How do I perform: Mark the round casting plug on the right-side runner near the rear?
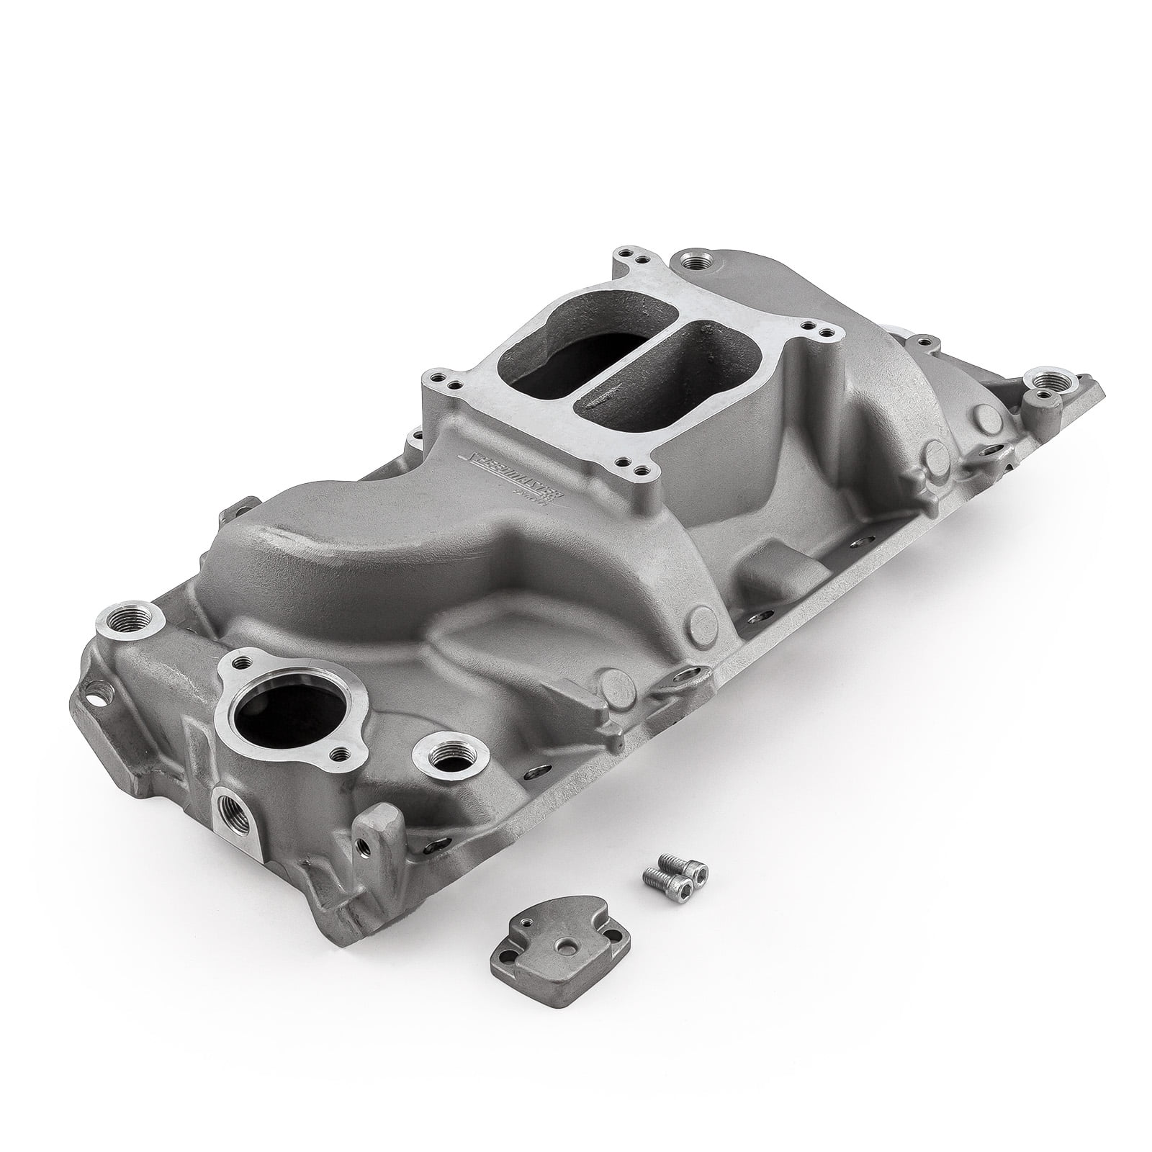(936, 453)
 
